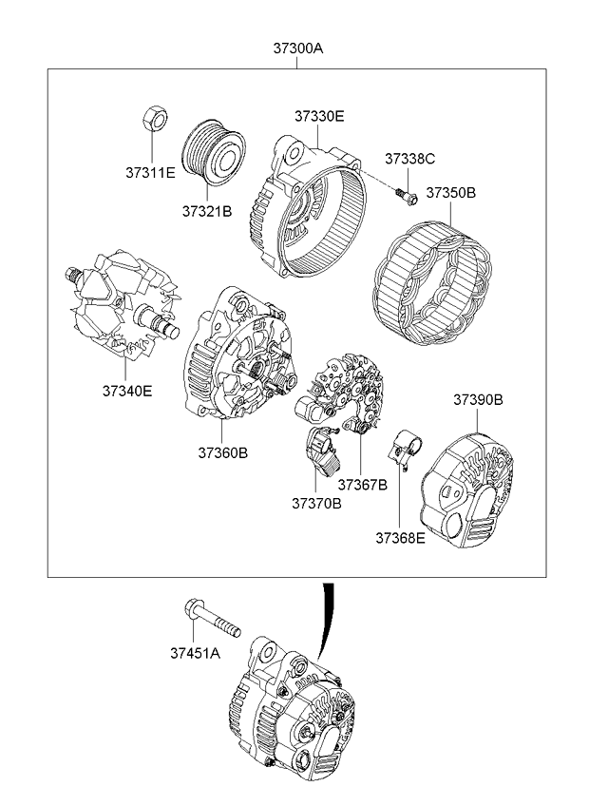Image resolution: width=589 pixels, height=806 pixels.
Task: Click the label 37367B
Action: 362,485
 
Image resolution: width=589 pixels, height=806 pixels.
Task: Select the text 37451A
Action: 195,653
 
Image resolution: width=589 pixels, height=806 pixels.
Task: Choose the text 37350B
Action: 450,192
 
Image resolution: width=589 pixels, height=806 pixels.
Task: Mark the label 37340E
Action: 126,390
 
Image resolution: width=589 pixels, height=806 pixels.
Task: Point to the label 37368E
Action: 400,537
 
